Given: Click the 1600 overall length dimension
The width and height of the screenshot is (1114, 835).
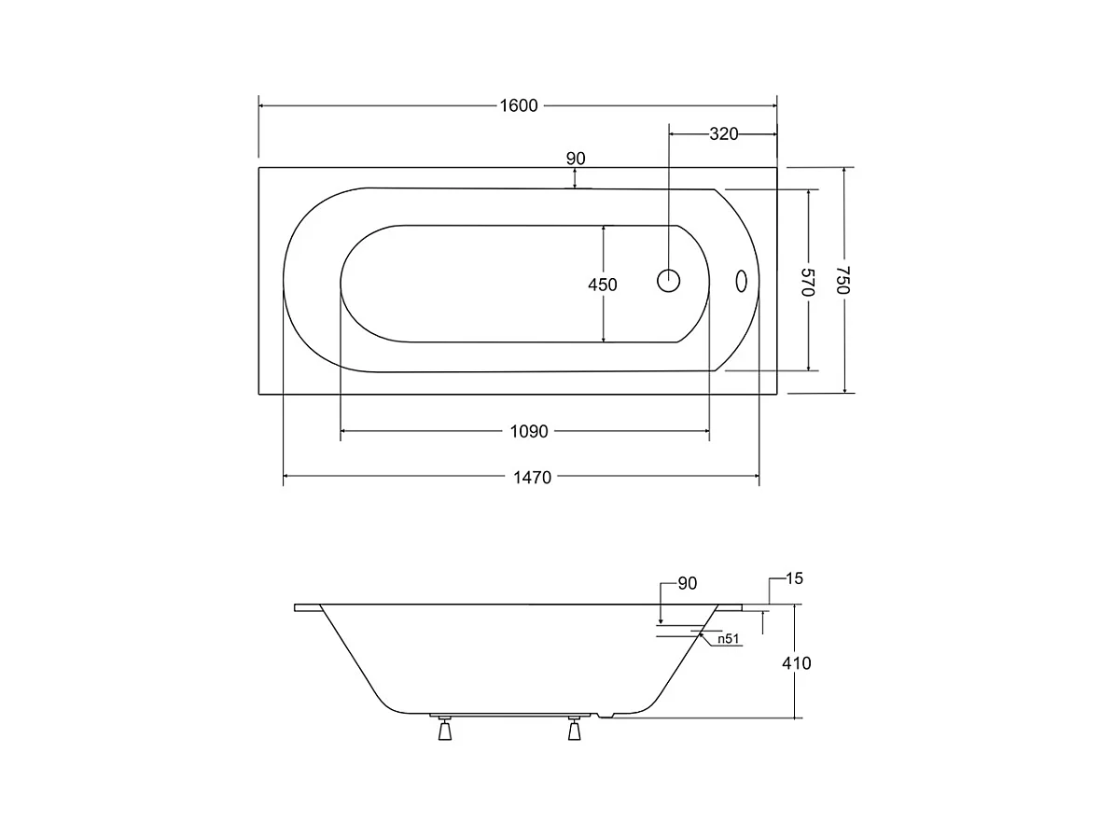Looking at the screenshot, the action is click(519, 105).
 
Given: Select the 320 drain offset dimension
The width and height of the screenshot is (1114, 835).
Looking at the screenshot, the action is click(724, 133).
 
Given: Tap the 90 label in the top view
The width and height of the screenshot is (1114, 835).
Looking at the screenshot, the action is click(576, 159).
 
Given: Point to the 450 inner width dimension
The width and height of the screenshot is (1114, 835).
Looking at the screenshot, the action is click(603, 285).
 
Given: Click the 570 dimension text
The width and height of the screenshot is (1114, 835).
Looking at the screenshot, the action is click(808, 282).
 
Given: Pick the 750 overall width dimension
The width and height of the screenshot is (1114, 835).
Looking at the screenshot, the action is click(842, 280).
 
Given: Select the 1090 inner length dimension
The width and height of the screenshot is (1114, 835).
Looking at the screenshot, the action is click(529, 431).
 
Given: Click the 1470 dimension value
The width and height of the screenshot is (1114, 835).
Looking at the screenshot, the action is click(532, 478).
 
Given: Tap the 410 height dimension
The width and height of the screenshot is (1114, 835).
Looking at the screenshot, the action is click(797, 663).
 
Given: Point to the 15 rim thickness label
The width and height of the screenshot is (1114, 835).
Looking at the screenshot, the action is click(794, 578).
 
